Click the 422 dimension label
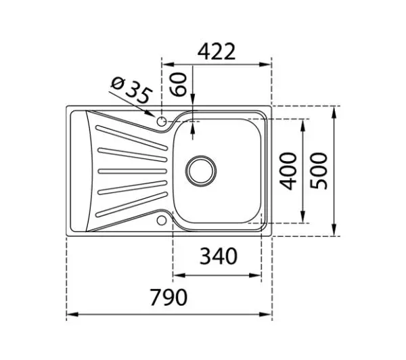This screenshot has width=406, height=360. click(x=217, y=51)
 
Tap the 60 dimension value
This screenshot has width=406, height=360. click(x=178, y=85)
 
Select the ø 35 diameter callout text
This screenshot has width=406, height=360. click(x=131, y=90)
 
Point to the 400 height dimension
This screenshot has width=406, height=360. click(x=288, y=171)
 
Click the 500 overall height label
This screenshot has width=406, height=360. click(x=319, y=171)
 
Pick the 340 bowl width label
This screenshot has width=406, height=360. click(x=219, y=256)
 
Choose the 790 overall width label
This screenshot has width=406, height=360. click(x=168, y=297)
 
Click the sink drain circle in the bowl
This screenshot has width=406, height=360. click(x=201, y=171)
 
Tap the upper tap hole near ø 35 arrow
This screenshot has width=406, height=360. click(x=162, y=121)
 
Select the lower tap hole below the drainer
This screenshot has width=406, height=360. click(x=162, y=221)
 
